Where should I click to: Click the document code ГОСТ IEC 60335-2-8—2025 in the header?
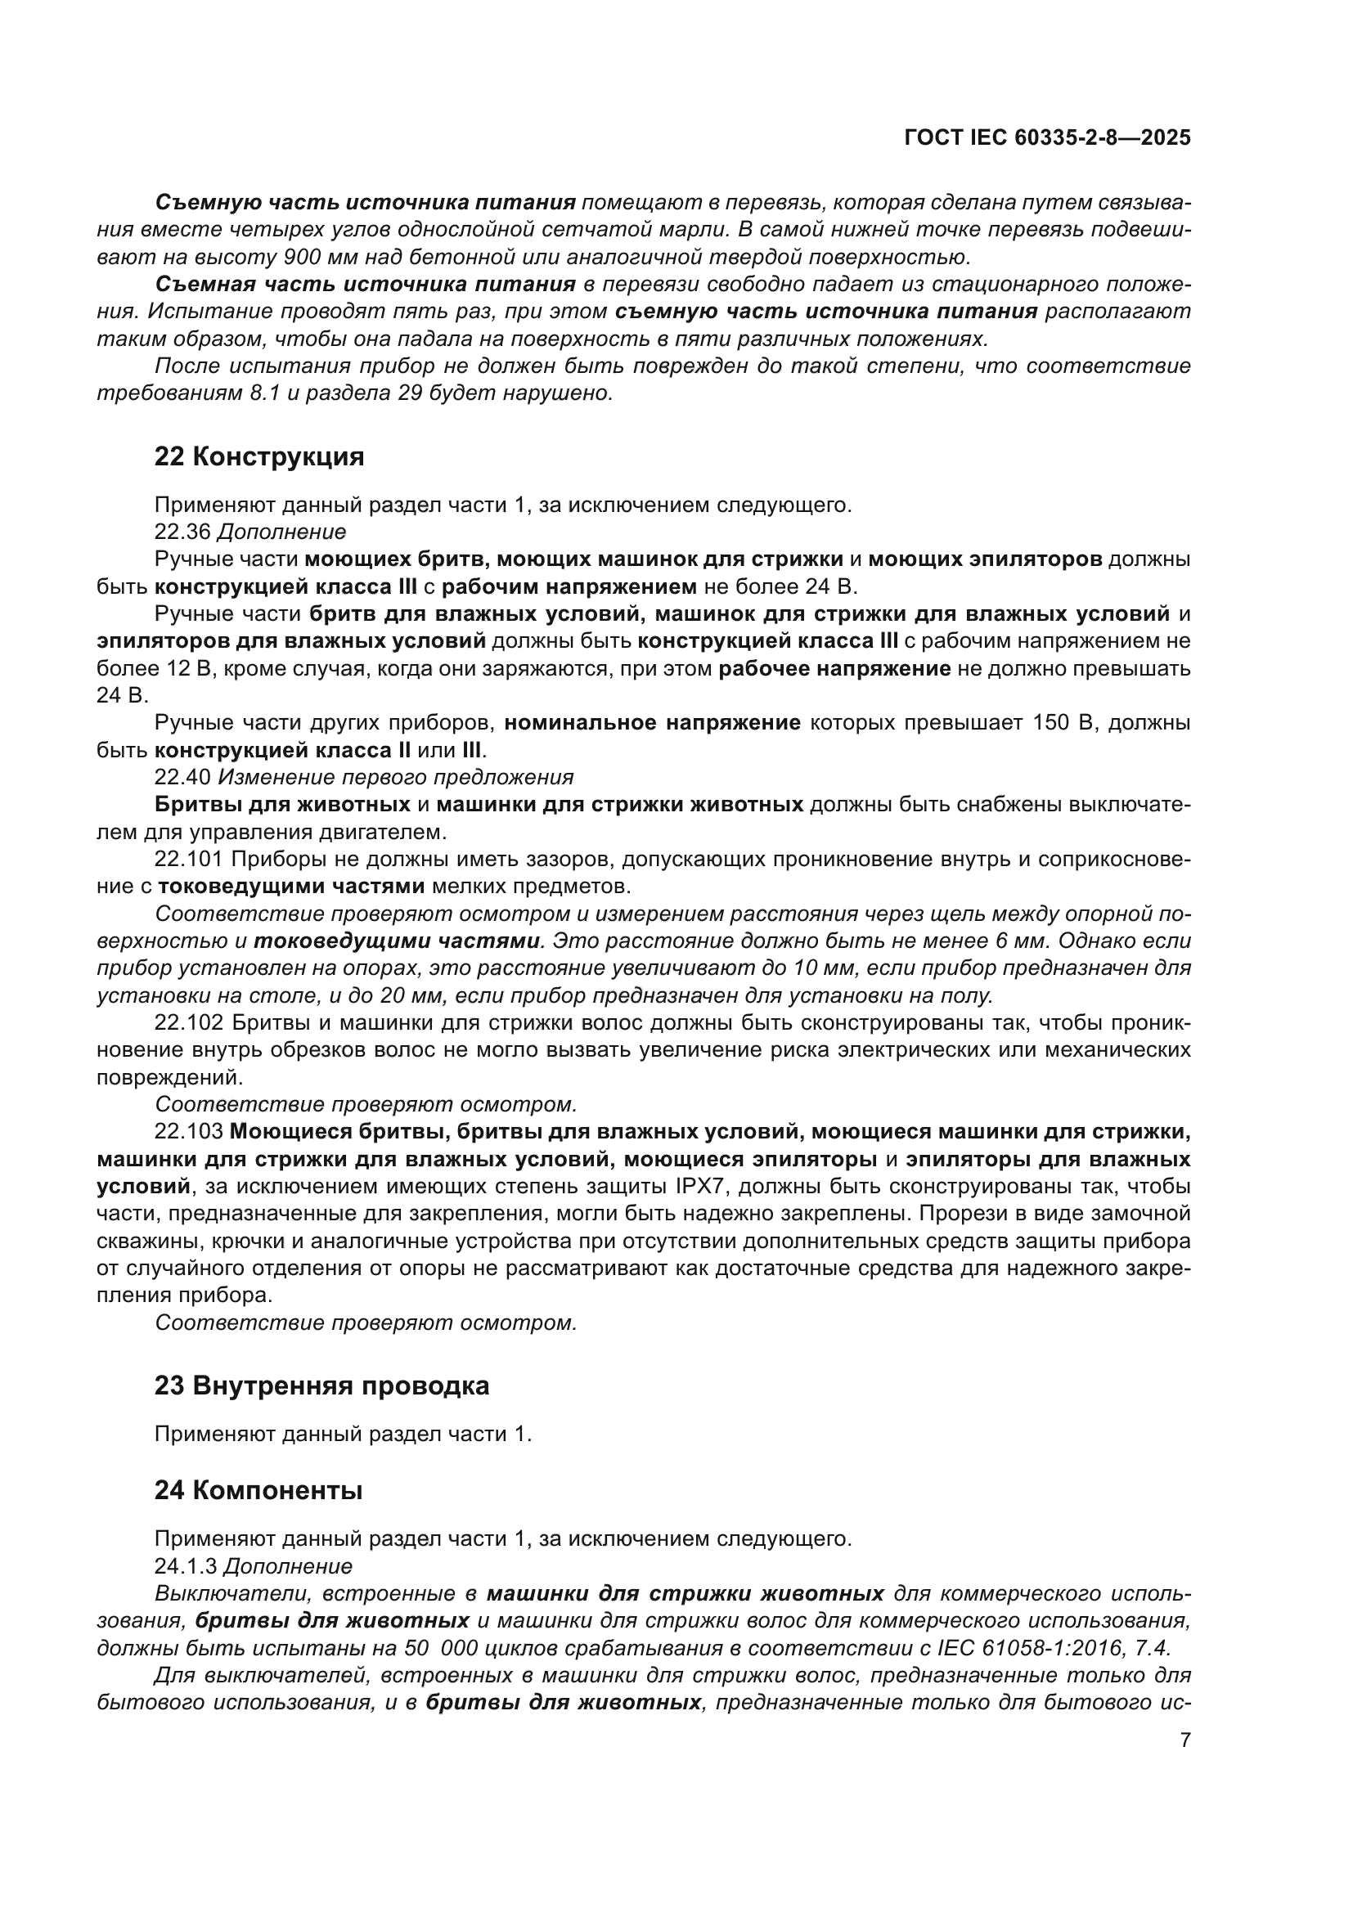1047,138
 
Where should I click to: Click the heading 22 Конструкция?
259,456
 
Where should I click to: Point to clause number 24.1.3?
185,1566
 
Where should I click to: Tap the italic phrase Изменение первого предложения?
396,777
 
